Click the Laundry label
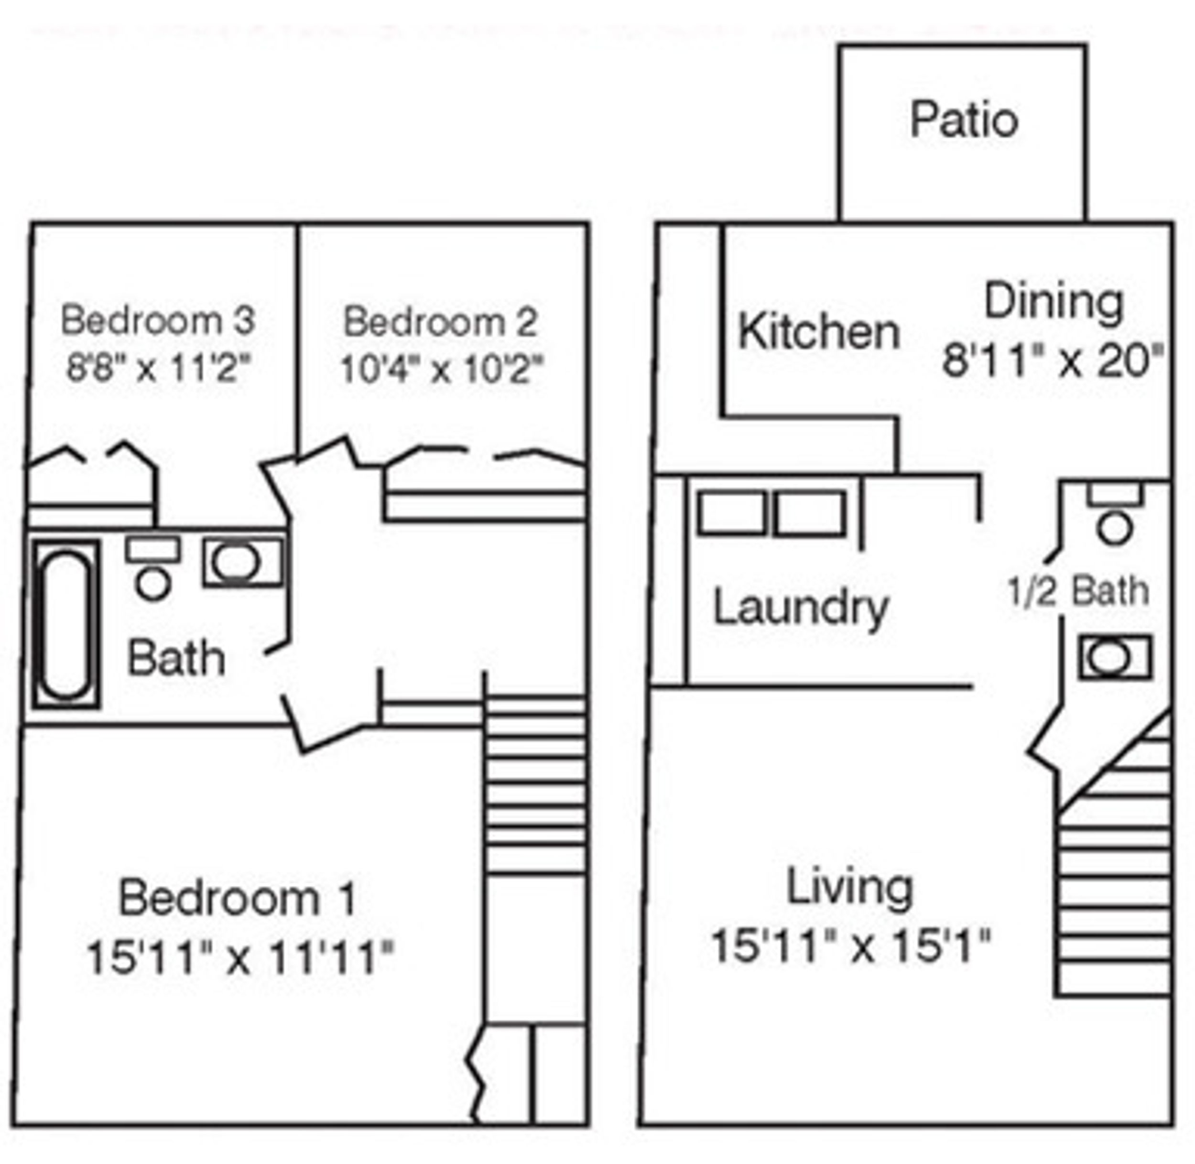[800, 608]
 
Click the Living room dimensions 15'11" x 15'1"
[849, 945]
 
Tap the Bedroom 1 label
[237, 898]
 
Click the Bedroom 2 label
[440, 322]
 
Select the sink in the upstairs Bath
[243, 561]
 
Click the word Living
[849, 888]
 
